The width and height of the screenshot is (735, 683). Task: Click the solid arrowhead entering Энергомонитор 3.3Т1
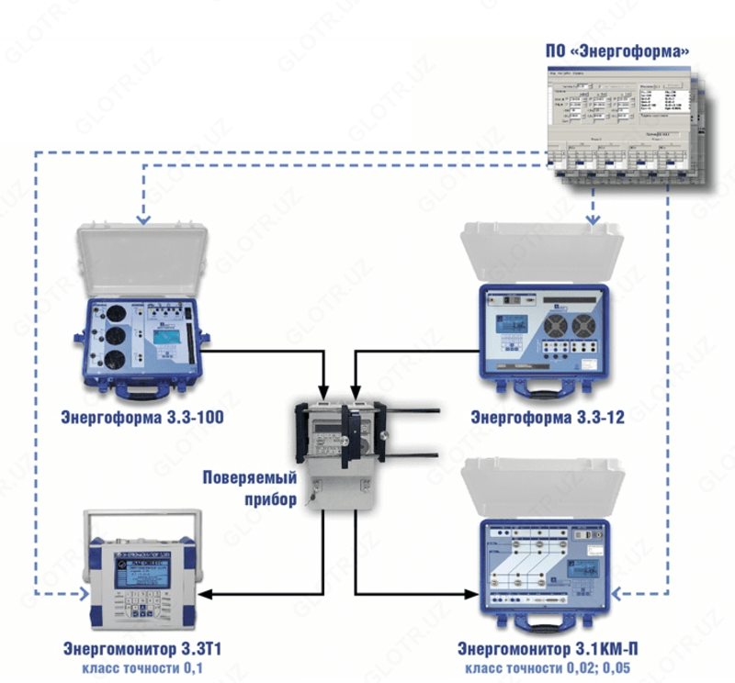206,596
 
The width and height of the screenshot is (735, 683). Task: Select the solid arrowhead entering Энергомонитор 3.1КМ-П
477,596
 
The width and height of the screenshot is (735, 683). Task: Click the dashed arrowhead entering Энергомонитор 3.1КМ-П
616,595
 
